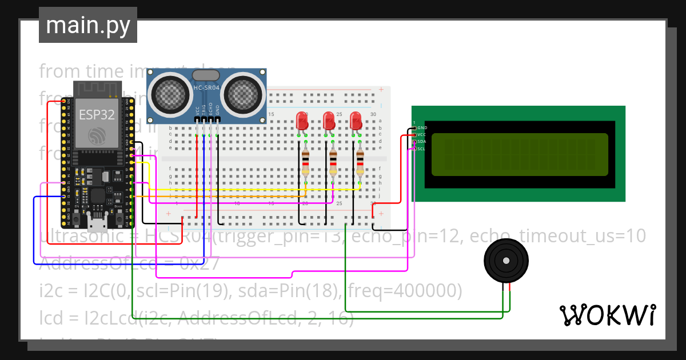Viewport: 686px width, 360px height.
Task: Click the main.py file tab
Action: [87, 25]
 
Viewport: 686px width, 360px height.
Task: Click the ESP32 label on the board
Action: [97, 114]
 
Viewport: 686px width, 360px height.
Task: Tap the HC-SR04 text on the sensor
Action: [206, 87]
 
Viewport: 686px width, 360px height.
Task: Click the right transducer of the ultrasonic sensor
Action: [245, 94]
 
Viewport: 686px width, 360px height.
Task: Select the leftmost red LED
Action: [302, 121]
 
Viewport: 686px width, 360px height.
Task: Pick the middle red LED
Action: [329, 121]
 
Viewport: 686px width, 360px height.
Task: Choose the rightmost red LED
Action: [356, 121]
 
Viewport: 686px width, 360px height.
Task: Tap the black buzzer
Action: [505, 261]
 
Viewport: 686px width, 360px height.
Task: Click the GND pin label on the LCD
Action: [422, 127]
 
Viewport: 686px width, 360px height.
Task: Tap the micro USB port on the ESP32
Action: [97, 219]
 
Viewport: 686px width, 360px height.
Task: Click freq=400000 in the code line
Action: [402, 291]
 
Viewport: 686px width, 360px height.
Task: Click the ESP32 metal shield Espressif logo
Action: [97, 136]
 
